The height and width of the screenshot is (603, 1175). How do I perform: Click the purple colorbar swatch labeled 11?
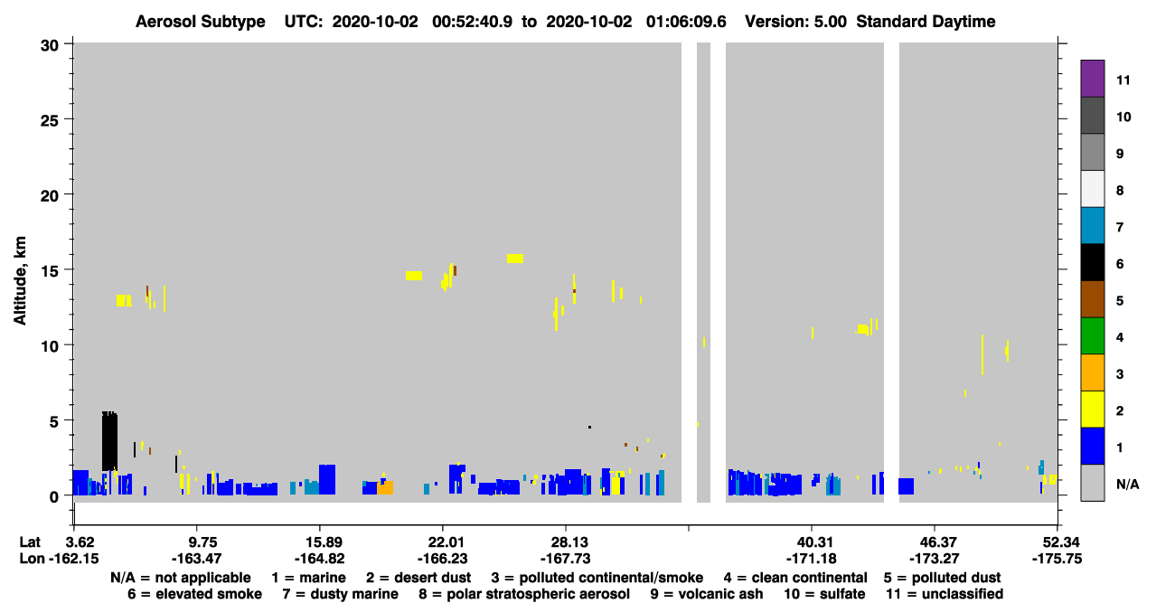coord(1092,79)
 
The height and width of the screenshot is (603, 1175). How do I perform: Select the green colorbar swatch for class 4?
coord(1092,336)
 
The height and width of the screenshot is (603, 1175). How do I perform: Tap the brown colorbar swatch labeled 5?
coord(1092,299)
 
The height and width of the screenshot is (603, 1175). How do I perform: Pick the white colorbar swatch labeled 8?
coord(1092,189)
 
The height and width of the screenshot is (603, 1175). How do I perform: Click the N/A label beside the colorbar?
coord(1127,484)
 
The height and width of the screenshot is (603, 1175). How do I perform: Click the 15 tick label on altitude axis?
coord(50,271)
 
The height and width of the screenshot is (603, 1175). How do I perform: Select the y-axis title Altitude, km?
coord(19,281)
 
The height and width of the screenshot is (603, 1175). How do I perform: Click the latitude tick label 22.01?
coord(442,542)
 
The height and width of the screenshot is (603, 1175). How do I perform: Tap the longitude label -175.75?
coord(1057,559)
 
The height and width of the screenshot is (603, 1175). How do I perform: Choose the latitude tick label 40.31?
coord(812,542)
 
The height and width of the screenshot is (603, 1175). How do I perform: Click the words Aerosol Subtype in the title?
coord(201,22)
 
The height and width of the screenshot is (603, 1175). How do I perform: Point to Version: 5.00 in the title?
coord(795,22)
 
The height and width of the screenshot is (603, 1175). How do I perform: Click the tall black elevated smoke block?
coord(109,441)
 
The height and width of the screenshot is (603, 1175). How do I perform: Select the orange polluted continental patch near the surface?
coord(385,487)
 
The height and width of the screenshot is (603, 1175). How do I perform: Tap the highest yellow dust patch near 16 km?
coord(515,259)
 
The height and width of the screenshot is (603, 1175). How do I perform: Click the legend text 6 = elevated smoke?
coord(194,594)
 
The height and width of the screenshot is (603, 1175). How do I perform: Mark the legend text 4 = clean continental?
coord(795,578)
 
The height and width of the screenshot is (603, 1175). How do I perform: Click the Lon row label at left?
coord(32,559)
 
